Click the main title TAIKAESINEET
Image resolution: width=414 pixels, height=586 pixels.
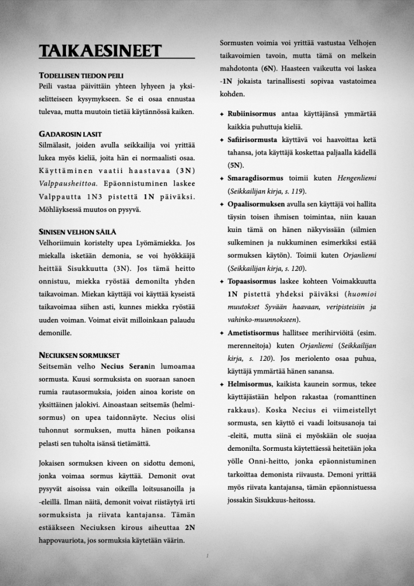(99, 52)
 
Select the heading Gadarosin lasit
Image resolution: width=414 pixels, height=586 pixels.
(71, 135)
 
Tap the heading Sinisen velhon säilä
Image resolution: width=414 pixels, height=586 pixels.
(77, 231)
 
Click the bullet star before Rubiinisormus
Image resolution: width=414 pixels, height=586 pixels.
(221, 115)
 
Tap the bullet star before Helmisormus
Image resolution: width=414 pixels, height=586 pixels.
(221, 384)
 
